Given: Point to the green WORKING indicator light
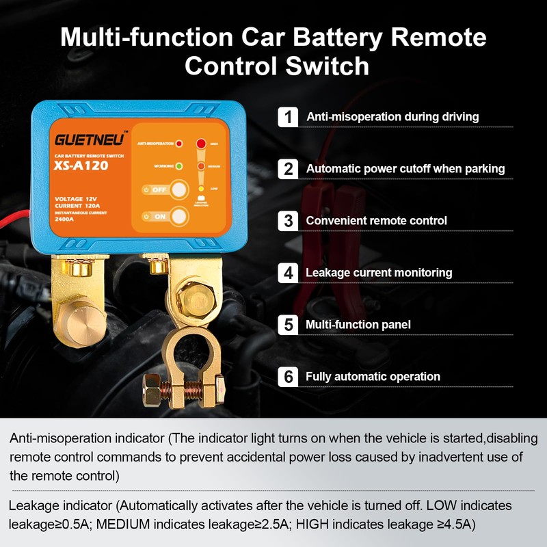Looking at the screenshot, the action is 178,165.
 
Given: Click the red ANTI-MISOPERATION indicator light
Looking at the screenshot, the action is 179,145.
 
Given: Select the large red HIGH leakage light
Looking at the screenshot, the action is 201,144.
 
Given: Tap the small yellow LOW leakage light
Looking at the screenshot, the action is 201,187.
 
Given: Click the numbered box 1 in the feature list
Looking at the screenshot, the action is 289,116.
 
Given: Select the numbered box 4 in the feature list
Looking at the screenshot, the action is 289,272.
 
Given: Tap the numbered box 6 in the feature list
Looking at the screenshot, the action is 289,376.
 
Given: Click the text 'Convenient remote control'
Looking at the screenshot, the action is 376,221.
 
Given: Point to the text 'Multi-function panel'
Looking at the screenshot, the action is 358,325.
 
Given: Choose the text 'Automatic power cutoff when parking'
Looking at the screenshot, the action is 405,168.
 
